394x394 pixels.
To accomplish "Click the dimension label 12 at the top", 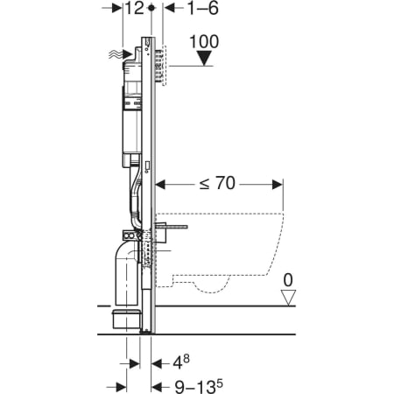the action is point(135,8).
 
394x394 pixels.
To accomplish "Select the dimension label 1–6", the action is point(203,8).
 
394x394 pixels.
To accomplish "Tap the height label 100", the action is point(204,42).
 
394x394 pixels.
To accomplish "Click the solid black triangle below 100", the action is point(204,58).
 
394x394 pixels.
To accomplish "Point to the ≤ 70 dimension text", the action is point(217,184).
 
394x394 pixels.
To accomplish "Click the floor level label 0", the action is point(288,280).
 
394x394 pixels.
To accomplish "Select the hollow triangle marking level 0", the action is point(288,298).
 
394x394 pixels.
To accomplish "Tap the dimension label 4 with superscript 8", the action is point(181,362).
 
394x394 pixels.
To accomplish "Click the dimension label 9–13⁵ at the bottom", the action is point(199,386).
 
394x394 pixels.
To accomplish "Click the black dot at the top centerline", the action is point(151,8).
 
